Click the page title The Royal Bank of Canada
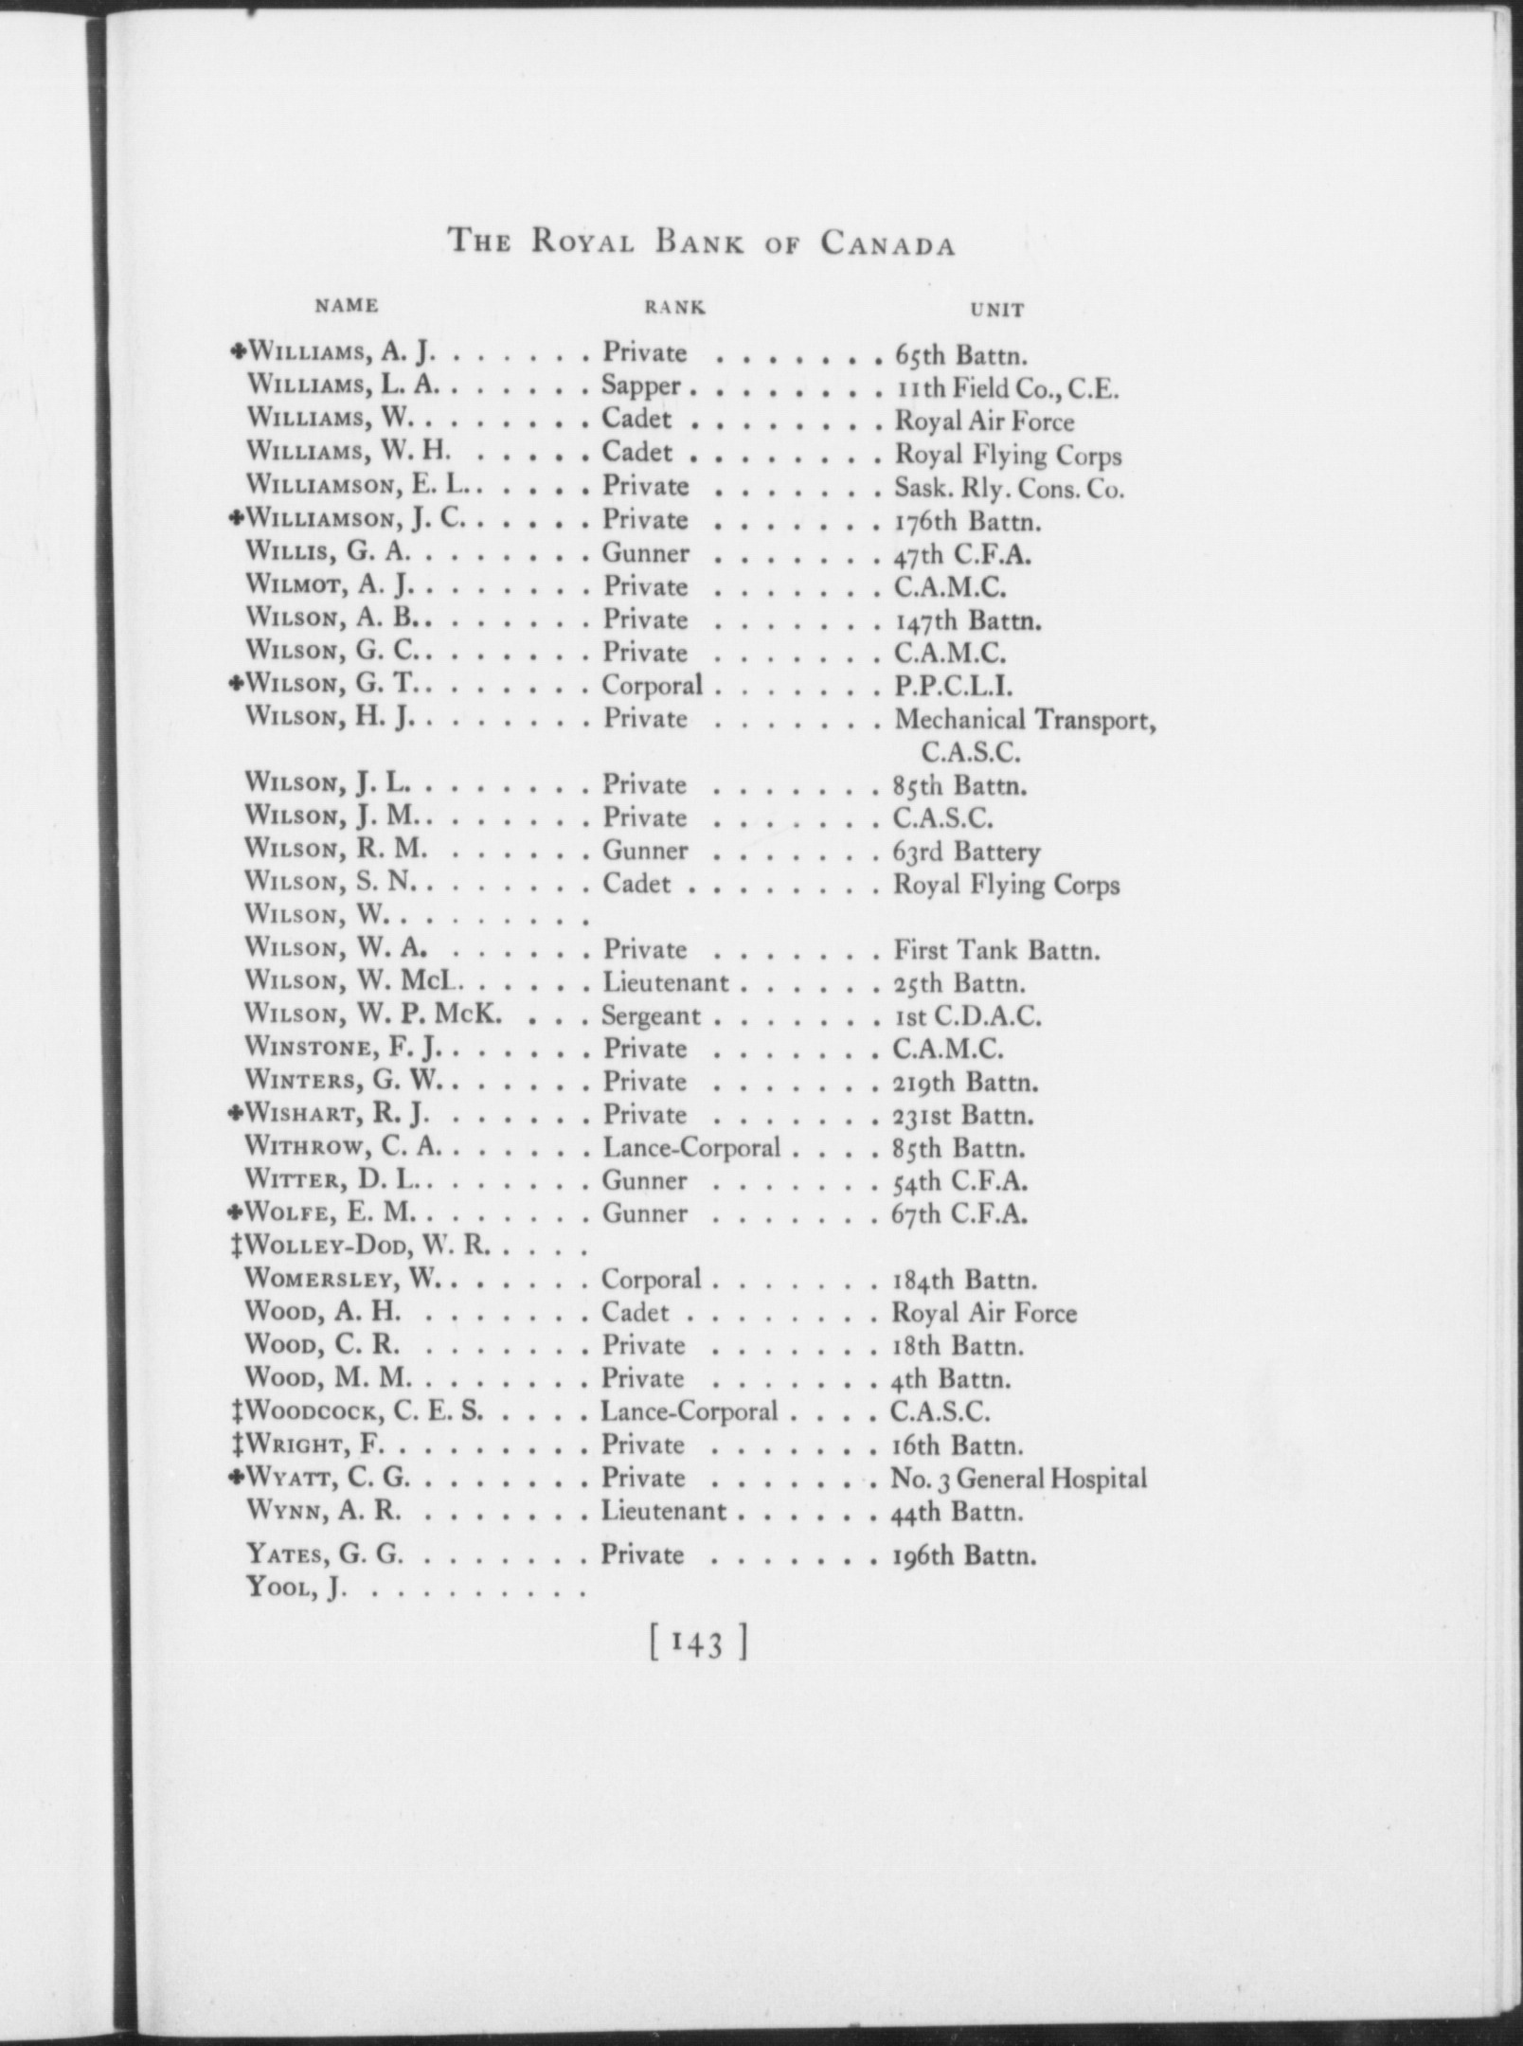click(701, 243)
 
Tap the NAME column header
click(347, 306)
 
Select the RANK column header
click(674, 307)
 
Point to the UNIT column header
click(997, 309)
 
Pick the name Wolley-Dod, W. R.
click(367, 1247)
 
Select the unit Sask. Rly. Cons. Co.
click(1009, 490)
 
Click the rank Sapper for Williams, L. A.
click(641, 386)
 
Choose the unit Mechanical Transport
click(1026, 720)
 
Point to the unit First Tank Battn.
click(996, 950)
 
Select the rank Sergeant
click(651, 1016)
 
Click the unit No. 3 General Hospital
click(1018, 1479)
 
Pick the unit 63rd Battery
click(967, 852)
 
